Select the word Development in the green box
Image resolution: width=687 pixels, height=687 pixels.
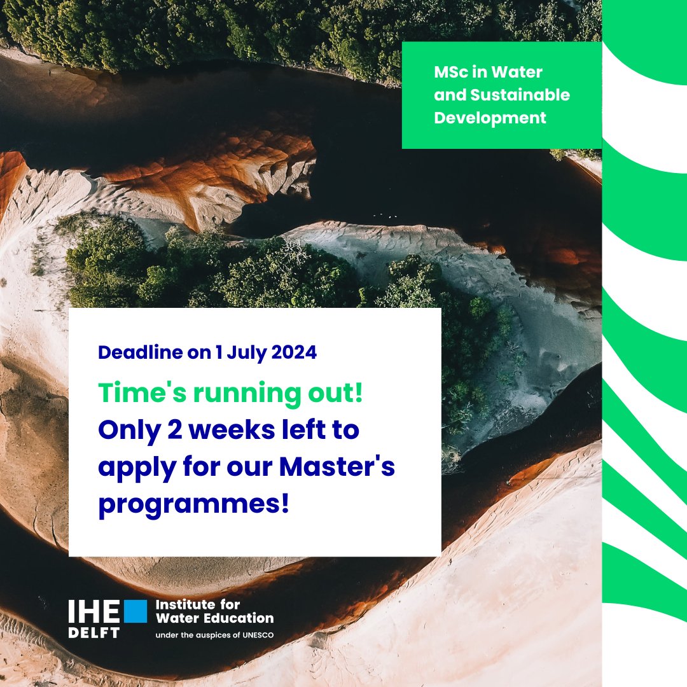[x=490, y=118]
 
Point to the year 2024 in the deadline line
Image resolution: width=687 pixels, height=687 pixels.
[x=291, y=352]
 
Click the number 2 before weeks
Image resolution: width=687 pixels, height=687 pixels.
[x=176, y=431]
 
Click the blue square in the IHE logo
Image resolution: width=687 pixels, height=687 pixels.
[x=135, y=611]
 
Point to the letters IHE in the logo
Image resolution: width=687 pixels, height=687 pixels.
[x=94, y=611]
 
